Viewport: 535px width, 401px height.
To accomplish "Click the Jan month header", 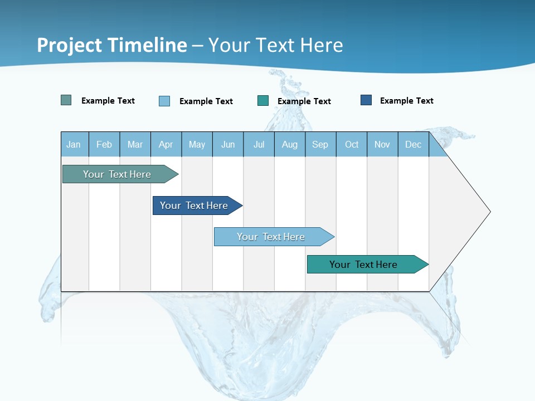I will (74, 145).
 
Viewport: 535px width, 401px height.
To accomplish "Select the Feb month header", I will (104, 145).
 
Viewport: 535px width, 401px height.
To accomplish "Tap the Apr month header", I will (166, 145).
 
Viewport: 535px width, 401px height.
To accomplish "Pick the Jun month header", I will (228, 145).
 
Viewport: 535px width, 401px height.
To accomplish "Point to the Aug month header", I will (290, 145).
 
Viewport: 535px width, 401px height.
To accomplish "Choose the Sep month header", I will (320, 145).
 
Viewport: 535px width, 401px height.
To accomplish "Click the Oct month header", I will (352, 145).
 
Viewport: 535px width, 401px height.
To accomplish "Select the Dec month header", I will (414, 145).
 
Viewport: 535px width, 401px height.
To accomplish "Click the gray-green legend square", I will (66, 100).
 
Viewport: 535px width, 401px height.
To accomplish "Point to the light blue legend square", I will (164, 101).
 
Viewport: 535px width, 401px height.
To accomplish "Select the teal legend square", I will (263, 101).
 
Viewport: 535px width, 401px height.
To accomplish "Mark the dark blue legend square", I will (366, 100).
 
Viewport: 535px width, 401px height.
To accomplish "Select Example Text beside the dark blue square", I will (407, 101).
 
